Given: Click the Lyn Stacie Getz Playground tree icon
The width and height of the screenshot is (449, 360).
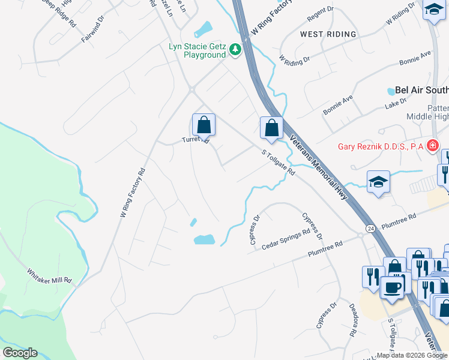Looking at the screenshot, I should pos(235,50).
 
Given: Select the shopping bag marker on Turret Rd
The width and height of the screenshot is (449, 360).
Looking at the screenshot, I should pos(204,125).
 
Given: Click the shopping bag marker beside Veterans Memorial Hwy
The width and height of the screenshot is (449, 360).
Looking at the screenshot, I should pos(271,128).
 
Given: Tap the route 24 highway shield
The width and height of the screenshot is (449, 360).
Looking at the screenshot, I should pos(370,229).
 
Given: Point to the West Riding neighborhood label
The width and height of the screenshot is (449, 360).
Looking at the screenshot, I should pos(328,34).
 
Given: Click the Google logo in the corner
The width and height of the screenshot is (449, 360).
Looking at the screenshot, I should pos(20,353).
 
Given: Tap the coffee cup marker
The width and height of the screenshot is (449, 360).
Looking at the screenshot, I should pos(393,287).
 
